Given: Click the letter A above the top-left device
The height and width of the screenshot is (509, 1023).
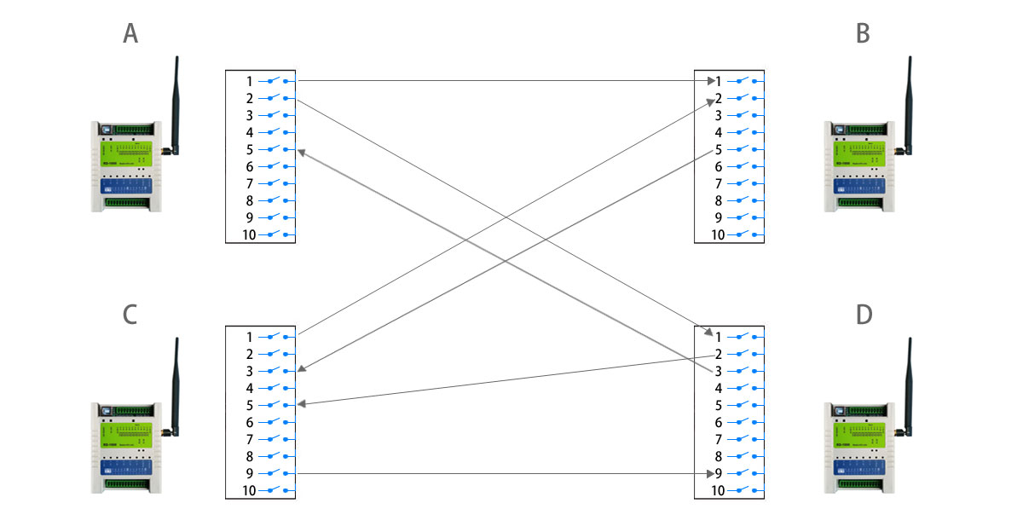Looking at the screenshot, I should (130, 33).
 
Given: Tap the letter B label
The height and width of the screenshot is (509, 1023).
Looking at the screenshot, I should (863, 33).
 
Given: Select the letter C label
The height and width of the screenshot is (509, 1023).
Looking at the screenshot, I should (130, 315).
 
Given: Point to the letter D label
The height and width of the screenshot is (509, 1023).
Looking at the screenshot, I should (864, 315).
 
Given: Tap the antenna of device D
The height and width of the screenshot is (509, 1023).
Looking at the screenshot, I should (909, 384).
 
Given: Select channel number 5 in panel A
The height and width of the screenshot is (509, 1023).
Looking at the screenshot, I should (249, 149).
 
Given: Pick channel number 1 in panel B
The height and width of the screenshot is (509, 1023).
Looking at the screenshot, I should (719, 81).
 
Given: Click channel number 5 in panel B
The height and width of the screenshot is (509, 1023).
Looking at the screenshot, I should (719, 149).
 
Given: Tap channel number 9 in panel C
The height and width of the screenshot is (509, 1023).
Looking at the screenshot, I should (249, 473).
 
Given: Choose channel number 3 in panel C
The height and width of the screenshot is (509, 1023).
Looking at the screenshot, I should (249, 371).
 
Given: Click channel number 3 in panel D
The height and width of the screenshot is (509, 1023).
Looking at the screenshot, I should (719, 371).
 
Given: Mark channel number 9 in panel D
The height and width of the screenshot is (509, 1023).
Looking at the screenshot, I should (719, 473).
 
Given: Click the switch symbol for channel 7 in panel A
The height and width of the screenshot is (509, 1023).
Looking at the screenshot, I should (274, 182).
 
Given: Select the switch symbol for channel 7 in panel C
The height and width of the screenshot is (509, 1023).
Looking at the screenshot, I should (274, 438).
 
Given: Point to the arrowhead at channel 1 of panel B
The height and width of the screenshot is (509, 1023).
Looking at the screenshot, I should (709, 81).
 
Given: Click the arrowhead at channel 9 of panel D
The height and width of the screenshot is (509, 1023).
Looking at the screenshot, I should (709, 473).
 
